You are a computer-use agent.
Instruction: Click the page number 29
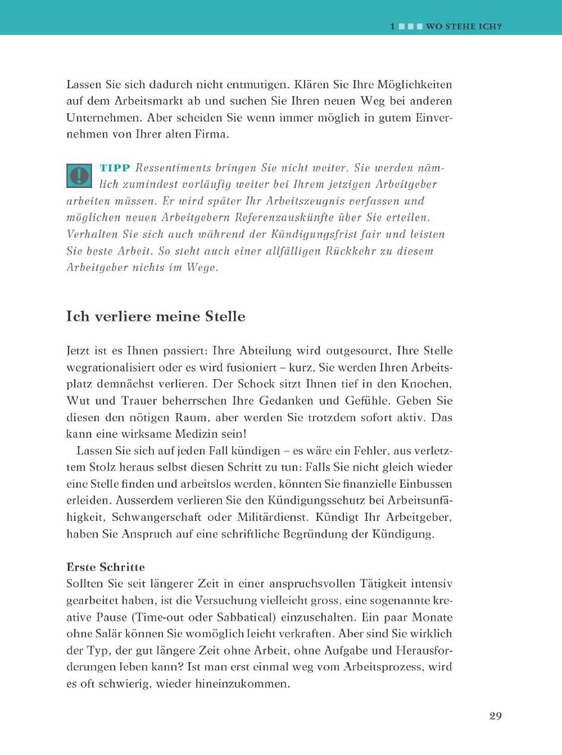(495, 716)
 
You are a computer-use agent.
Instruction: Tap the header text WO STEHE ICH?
(464, 26)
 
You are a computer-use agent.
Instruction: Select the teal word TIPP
(115, 168)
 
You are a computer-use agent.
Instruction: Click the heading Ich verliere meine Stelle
(155, 316)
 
